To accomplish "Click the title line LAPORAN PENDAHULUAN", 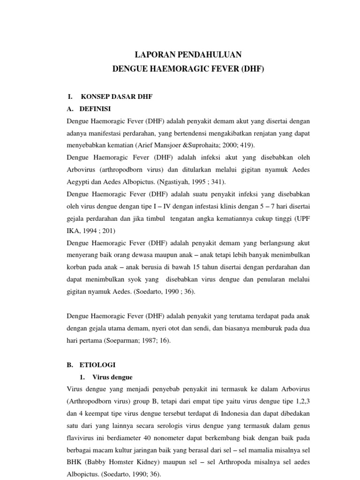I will tap(188, 54).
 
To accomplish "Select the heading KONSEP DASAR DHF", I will tap(117, 97).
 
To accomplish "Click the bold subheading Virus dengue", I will tap(112, 377).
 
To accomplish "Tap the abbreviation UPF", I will tap(302, 219).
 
